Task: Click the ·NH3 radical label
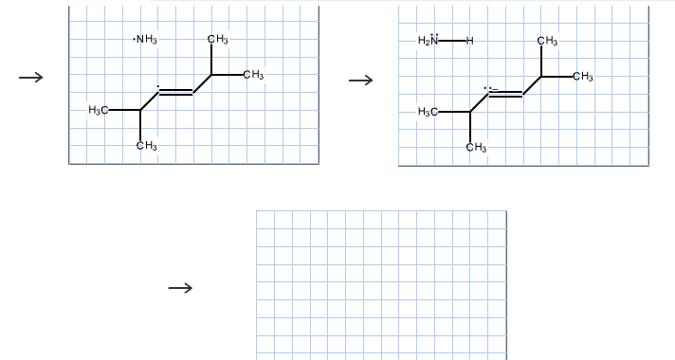146,39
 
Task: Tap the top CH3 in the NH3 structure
216,39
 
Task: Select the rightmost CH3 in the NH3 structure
253,75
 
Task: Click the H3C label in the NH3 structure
98,111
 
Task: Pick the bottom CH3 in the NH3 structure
146,145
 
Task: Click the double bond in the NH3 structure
175,92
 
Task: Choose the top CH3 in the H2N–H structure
547,41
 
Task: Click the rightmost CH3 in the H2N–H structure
583,76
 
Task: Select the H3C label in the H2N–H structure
428,113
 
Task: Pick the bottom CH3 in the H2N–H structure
476,146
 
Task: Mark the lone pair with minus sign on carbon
489,88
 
